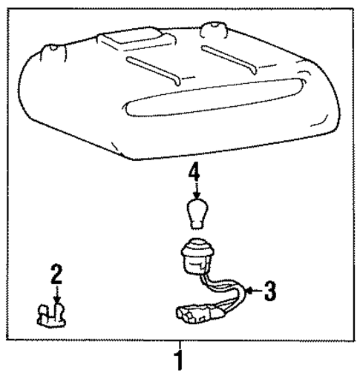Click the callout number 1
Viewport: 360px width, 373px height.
[x=178, y=360]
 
